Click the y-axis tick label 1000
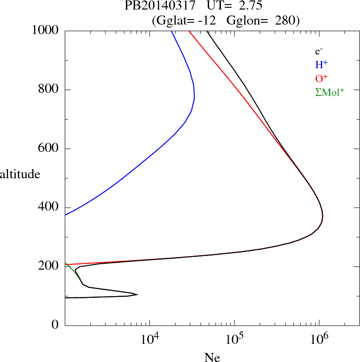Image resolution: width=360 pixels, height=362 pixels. coord(45,30)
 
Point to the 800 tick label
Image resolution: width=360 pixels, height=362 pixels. coord(49,90)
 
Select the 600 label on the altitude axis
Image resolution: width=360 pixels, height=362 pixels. coord(49,149)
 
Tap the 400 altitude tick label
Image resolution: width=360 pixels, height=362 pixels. coord(49,207)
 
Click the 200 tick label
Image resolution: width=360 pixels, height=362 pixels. coord(49,266)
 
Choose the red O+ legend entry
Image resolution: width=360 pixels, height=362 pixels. coord(321,78)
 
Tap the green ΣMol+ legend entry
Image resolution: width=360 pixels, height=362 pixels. coord(329,92)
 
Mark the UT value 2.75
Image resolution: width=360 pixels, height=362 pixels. coord(250,6)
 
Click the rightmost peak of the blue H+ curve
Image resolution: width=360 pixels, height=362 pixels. coord(195,98)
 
